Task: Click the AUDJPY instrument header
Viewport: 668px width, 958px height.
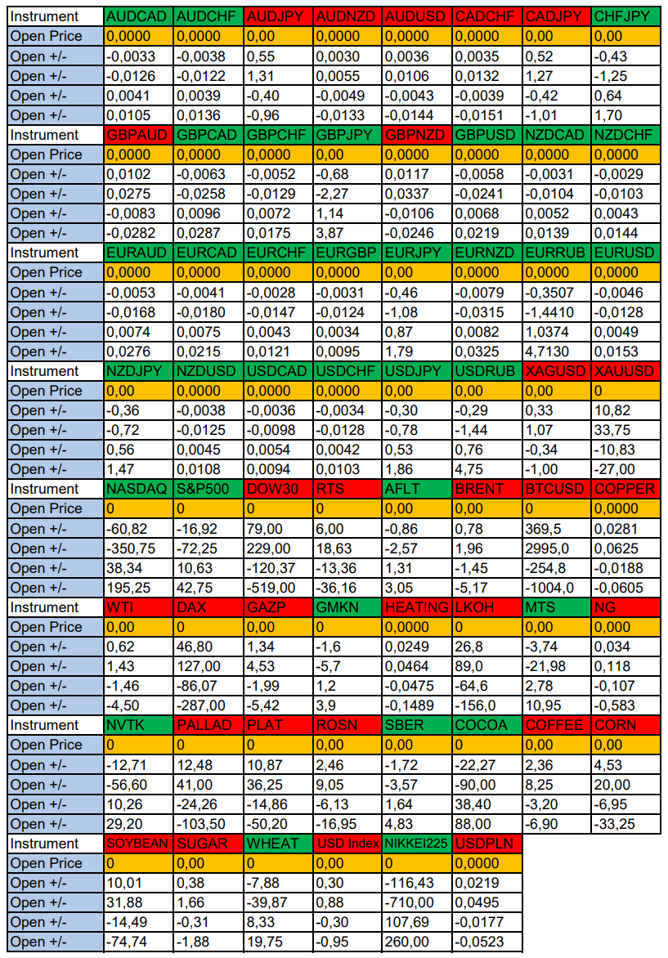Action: (x=278, y=16)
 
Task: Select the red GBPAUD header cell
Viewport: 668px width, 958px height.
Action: (x=138, y=135)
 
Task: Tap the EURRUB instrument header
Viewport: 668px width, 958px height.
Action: (x=556, y=253)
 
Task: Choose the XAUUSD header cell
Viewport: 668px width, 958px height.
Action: (x=625, y=371)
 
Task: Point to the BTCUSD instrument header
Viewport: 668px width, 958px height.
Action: (x=556, y=489)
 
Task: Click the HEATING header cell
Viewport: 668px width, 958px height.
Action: (x=417, y=607)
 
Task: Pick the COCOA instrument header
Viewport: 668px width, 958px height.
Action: (x=486, y=725)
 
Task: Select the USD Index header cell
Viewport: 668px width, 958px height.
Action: (x=347, y=844)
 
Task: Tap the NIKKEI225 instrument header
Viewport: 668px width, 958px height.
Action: (x=417, y=844)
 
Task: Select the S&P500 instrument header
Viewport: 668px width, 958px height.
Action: (x=208, y=489)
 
